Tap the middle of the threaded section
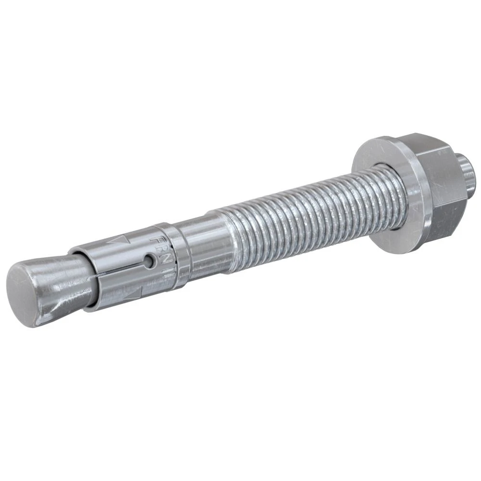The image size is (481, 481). [308, 212]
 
